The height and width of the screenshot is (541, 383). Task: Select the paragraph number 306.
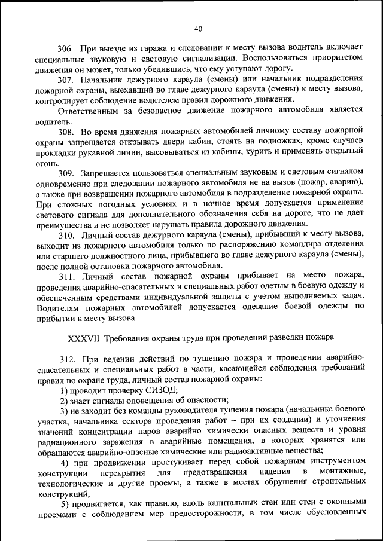pyautogui.click(x=65, y=48)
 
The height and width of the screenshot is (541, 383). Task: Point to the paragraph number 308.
pyautogui.click(x=65, y=131)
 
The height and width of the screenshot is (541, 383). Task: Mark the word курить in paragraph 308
pyautogui.click(x=273, y=152)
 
